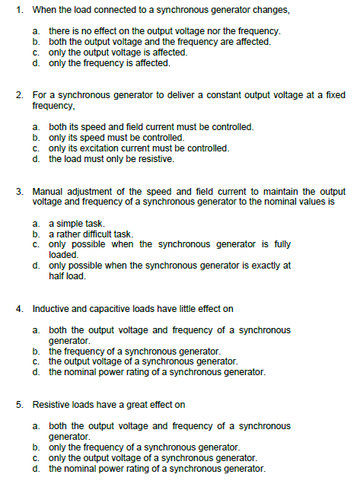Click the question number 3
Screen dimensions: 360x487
tap(19, 191)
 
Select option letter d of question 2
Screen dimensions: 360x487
tap(37, 159)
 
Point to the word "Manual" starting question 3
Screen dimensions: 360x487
tap(47, 191)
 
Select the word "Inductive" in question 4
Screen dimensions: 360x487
tap(50, 309)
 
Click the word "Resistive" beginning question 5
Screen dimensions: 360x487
tap(51, 404)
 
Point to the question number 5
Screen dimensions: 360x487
tap(19, 404)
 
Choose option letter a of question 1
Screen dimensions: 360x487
tap(37, 31)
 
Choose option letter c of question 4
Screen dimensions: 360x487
tap(37, 362)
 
